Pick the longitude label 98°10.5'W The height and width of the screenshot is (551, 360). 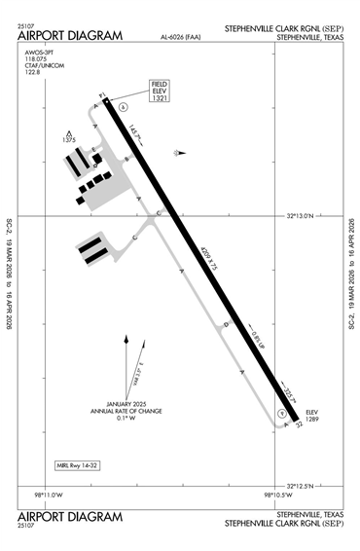tap(280, 496)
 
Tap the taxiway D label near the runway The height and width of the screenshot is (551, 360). tap(226, 324)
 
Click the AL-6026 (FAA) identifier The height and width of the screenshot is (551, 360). tap(182, 38)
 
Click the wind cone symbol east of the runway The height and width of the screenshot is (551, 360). tap(177, 152)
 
